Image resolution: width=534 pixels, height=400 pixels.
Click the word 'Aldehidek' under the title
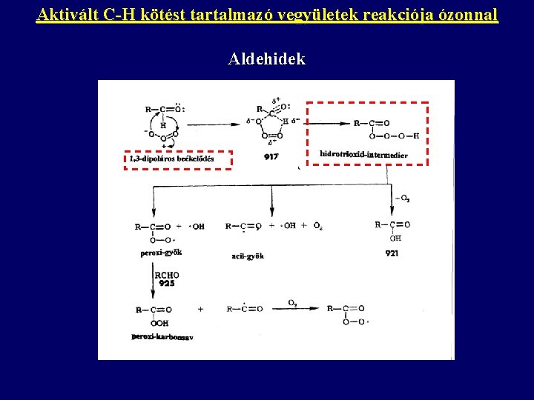pyautogui.click(x=267, y=59)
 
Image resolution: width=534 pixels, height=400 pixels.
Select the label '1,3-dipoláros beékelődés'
pyautogui.click(x=171, y=159)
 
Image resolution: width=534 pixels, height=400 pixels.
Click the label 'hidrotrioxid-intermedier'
pyautogui.click(x=363, y=154)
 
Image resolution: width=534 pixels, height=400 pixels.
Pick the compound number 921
pyautogui.click(x=392, y=253)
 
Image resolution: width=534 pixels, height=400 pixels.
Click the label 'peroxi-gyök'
pyautogui.click(x=161, y=253)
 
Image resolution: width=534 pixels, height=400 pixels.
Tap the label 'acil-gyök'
pyautogui.click(x=248, y=256)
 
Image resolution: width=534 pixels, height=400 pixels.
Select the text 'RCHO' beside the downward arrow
pyautogui.click(x=166, y=276)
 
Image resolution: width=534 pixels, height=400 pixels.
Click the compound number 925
pyautogui.click(x=166, y=284)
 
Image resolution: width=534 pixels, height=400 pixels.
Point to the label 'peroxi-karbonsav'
pyautogui.click(x=162, y=337)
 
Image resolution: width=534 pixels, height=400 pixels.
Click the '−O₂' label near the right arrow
pyautogui.click(x=403, y=198)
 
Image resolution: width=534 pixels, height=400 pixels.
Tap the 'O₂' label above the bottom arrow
pyautogui.click(x=293, y=302)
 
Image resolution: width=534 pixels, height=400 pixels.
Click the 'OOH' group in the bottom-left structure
pyautogui.click(x=159, y=323)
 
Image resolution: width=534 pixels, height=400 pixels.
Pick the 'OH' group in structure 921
pyautogui.click(x=395, y=239)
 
